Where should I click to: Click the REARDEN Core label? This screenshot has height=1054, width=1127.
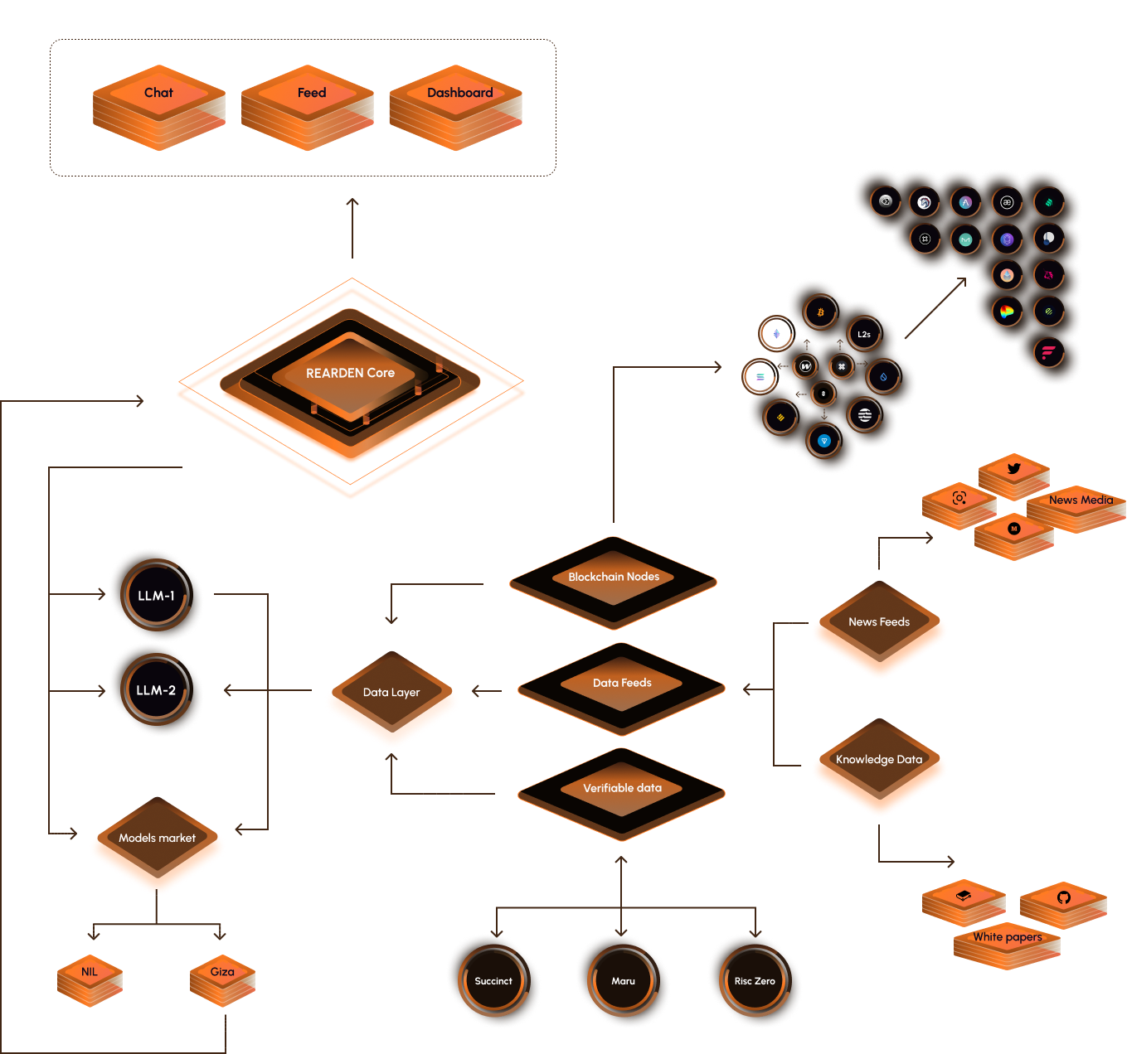(x=350, y=374)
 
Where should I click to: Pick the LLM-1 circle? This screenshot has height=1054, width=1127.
(x=156, y=596)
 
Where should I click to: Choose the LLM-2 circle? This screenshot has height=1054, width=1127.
(x=156, y=690)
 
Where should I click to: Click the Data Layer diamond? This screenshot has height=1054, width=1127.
(x=391, y=693)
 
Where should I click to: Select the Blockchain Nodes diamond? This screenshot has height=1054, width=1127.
(x=614, y=578)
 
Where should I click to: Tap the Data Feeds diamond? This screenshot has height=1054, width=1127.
(x=622, y=684)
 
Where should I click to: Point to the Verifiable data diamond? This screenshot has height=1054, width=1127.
(x=622, y=789)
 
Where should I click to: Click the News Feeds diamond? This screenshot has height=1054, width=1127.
(x=879, y=623)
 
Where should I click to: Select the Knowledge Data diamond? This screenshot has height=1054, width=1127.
(x=879, y=761)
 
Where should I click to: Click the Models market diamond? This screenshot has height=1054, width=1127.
(x=157, y=839)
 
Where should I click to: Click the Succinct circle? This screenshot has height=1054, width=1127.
(x=493, y=981)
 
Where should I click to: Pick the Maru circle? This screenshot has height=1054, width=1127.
(x=623, y=981)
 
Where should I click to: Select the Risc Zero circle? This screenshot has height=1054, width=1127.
(x=755, y=981)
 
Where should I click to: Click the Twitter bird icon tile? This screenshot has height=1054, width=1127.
(x=1013, y=470)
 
